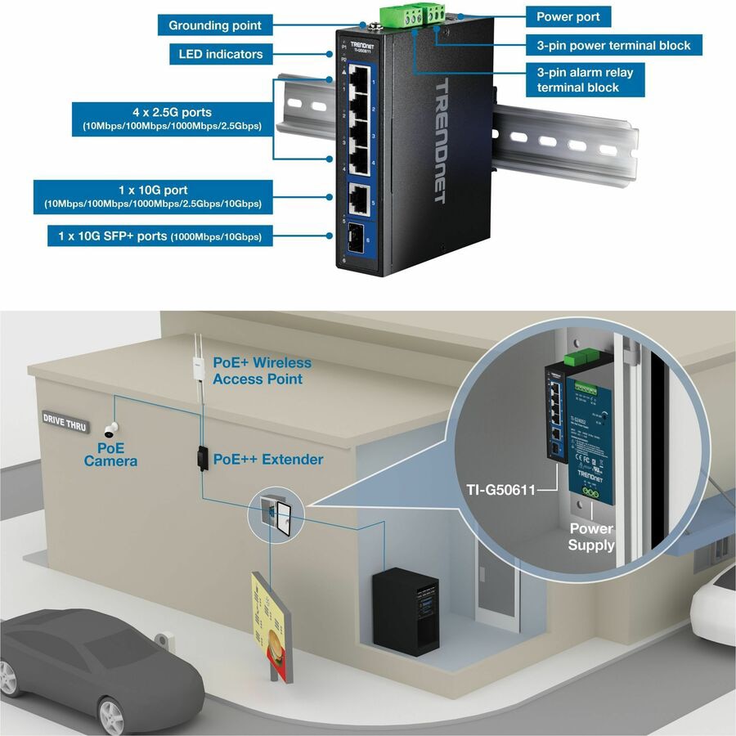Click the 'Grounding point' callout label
tap(215, 25)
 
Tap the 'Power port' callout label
tap(568, 16)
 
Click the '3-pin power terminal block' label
tap(613, 46)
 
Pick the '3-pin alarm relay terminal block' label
tap(585, 79)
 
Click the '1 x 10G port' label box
tap(153, 196)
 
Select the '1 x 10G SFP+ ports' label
tap(159, 236)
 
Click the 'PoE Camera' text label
tap(110, 456)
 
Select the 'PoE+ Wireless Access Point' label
tap(262, 370)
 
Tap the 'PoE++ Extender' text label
tap(267, 460)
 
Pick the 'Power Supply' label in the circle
tap(591, 536)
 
